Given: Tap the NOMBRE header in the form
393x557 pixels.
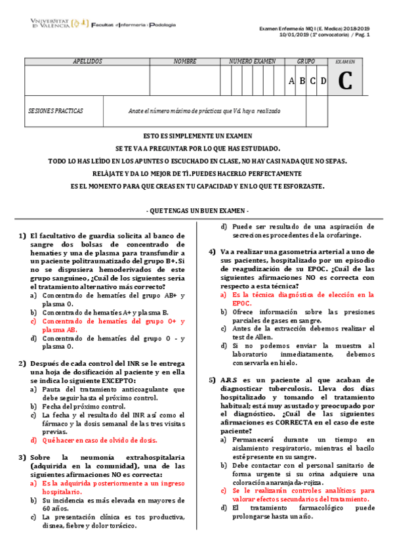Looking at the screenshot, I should [x=185, y=61].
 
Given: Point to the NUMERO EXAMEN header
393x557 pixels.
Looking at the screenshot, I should [x=252, y=61].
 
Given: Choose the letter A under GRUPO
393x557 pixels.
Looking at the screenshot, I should [x=292, y=81].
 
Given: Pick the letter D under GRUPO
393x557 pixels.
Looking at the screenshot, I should [x=323, y=81].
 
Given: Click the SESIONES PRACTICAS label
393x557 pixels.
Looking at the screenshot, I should [x=56, y=111].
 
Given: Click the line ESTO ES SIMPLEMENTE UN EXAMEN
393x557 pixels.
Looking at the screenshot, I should [x=197, y=136].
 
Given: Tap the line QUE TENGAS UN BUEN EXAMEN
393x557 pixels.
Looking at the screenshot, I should [x=197, y=210].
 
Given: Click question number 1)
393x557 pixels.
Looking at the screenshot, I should [x=22, y=236].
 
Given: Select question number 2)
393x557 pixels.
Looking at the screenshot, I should [x=22, y=363].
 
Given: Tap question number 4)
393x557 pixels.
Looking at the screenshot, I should [x=213, y=252].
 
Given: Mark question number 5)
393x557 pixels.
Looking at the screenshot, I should [x=213, y=380].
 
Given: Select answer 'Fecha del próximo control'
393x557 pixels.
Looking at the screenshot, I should [x=84, y=407].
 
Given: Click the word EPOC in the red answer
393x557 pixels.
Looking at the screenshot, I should [x=241, y=303].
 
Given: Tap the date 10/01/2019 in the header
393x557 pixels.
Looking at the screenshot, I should [x=295, y=34].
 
